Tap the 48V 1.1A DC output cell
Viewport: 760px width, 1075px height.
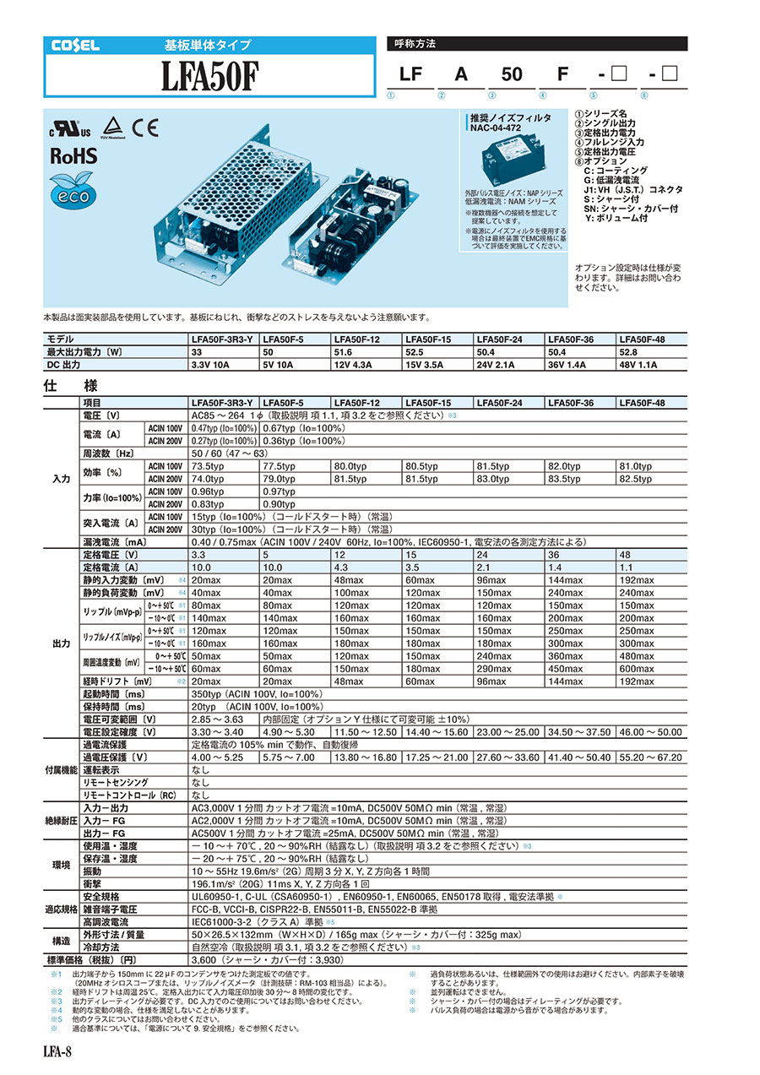click(x=650, y=366)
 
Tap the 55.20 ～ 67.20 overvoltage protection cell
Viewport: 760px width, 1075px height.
click(x=650, y=757)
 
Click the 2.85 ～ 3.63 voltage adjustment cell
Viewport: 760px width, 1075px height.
click(x=217, y=719)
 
